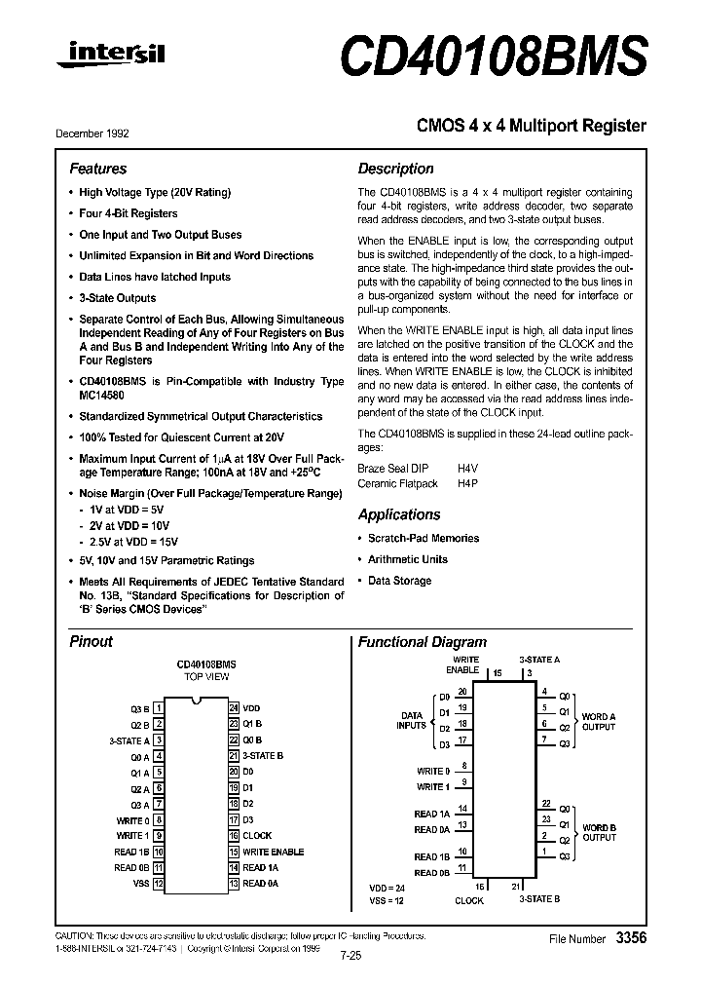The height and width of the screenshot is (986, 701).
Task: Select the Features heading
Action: point(97,169)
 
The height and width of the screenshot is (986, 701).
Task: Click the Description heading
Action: point(395,169)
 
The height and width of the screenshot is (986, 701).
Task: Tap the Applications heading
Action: point(399,514)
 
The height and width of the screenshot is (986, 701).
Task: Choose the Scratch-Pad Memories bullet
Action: point(424,538)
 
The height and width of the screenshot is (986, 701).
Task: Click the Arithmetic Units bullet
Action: point(408,559)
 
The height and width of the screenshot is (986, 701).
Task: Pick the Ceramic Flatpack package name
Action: point(398,483)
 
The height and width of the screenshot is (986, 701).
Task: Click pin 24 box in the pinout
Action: point(234,708)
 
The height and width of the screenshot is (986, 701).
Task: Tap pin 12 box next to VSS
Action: point(158,883)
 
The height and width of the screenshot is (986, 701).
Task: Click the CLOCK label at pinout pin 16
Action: point(257,835)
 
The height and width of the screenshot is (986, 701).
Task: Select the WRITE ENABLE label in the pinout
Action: point(273,852)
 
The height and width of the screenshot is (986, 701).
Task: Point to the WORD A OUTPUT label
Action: point(599,722)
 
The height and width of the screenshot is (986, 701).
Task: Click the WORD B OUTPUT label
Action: point(599,833)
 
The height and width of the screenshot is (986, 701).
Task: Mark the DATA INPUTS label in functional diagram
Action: point(411,720)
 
